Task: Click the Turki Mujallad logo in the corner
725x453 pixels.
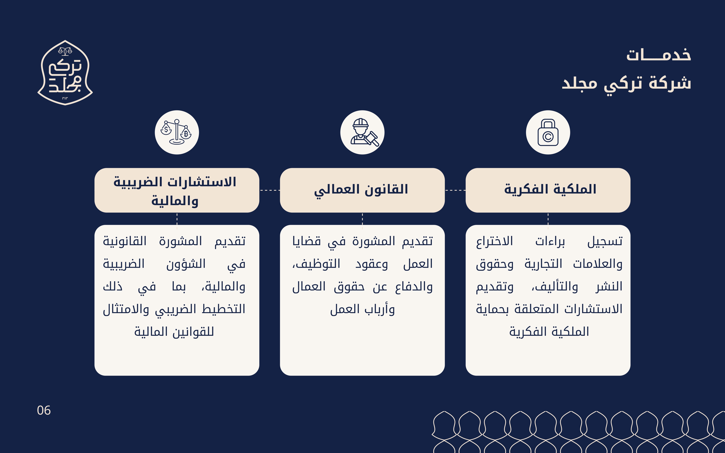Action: pos(65,72)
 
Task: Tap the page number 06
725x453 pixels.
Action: pos(44,410)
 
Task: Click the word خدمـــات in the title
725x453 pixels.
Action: pos(658,55)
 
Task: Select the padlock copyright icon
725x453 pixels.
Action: pos(548,132)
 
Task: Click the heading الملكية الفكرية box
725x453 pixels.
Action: pos(548,190)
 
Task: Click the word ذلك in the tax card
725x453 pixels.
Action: pos(113,286)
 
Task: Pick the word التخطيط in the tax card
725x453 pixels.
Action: pos(223,309)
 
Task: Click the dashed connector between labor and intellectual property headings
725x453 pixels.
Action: pos(455,190)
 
